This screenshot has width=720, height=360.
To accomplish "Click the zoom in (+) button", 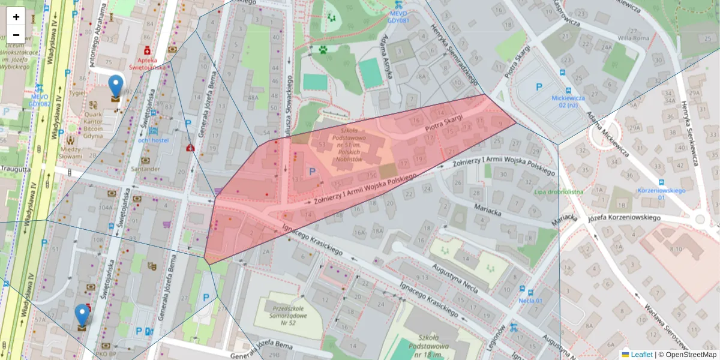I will click(x=16, y=16).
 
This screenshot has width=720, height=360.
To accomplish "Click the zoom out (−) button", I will click(x=16, y=34).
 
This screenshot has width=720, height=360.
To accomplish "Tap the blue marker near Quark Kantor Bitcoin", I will click(x=115, y=88).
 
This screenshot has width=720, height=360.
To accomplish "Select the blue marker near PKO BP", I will click(x=82, y=316).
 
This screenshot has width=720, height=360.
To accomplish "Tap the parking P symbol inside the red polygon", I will click(x=312, y=172).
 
